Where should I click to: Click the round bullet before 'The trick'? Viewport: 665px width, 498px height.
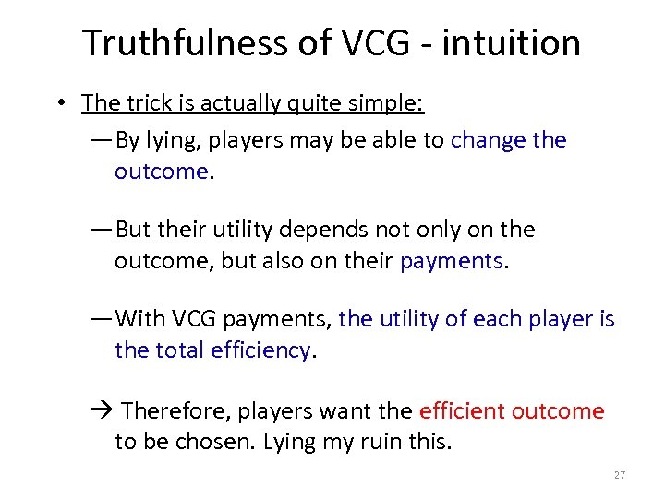pos(58,103)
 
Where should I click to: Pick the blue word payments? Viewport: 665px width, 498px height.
pos(452,261)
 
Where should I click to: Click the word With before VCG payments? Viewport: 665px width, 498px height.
pos(140,319)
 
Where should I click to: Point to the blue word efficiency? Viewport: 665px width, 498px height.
pos(260,350)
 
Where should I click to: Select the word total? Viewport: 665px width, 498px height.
pos(180,350)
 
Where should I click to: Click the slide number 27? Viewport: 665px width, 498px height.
pos(619,475)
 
